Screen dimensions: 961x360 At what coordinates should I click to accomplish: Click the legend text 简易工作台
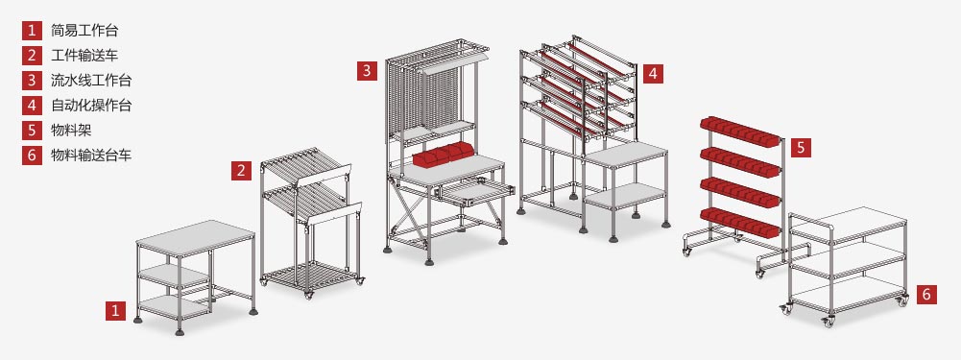(84, 31)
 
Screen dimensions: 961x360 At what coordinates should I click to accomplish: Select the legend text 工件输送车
(84, 56)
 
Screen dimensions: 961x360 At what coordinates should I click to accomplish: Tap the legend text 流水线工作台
(91, 81)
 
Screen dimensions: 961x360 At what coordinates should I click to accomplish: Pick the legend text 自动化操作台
(91, 105)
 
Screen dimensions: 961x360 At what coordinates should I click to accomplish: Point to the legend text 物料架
(71, 130)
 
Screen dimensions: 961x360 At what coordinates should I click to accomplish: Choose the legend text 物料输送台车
(91, 155)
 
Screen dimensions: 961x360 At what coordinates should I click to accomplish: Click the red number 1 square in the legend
(32, 31)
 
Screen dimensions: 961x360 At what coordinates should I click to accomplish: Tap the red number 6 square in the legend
(32, 155)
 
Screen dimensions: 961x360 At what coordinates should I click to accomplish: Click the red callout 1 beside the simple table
(115, 310)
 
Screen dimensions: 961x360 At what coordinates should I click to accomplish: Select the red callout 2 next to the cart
(242, 171)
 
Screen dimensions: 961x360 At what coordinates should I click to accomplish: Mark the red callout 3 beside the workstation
(367, 70)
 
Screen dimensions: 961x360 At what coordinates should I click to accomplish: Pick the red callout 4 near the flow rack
(653, 74)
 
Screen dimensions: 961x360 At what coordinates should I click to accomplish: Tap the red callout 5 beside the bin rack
(801, 147)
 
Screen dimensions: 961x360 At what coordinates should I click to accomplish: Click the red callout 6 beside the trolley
(926, 295)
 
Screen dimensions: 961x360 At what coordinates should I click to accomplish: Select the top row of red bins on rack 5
(740, 132)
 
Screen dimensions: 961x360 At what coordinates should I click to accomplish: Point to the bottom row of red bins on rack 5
(740, 222)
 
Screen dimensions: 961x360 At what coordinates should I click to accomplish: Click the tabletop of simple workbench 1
(195, 238)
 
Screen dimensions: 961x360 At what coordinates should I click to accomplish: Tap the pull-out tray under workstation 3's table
(475, 193)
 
